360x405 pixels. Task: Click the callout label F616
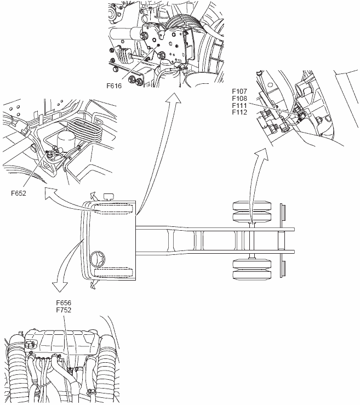click(115, 86)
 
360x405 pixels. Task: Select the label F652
click(19, 192)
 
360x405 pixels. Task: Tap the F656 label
click(64, 303)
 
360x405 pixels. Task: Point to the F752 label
click(64, 310)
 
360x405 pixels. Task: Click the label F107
click(239, 92)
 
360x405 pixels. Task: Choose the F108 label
click(239, 99)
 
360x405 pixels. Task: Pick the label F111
click(239, 105)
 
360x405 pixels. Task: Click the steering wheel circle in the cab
click(99, 258)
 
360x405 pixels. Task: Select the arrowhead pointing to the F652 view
click(49, 193)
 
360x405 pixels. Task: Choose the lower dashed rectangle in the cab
click(113, 272)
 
